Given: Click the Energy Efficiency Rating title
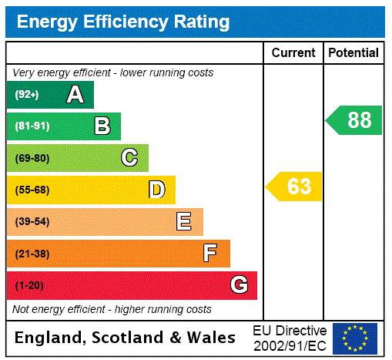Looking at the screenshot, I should [x=123, y=22].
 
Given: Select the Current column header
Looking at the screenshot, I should [x=293, y=53].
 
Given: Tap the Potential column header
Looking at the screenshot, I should [x=353, y=53].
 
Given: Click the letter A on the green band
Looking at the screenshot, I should [x=75, y=95].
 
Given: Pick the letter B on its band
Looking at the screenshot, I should [x=102, y=126].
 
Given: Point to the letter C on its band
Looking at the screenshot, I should [x=129, y=158].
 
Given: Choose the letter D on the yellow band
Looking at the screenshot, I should [x=156, y=190].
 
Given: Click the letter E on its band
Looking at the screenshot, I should [x=184, y=222].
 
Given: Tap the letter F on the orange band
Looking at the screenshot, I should [x=210, y=254].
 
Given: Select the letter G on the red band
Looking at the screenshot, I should [x=239, y=285].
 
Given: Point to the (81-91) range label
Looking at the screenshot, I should [x=32, y=126].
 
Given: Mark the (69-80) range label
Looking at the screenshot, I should [x=32, y=158].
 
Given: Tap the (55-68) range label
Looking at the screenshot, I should [x=32, y=190].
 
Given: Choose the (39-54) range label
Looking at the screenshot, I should [x=32, y=222].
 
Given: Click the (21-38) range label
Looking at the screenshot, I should [x=32, y=254].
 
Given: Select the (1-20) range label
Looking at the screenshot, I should [x=29, y=285].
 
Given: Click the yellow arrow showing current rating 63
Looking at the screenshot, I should [x=294, y=187].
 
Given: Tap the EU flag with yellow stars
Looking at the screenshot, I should [x=355, y=338].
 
